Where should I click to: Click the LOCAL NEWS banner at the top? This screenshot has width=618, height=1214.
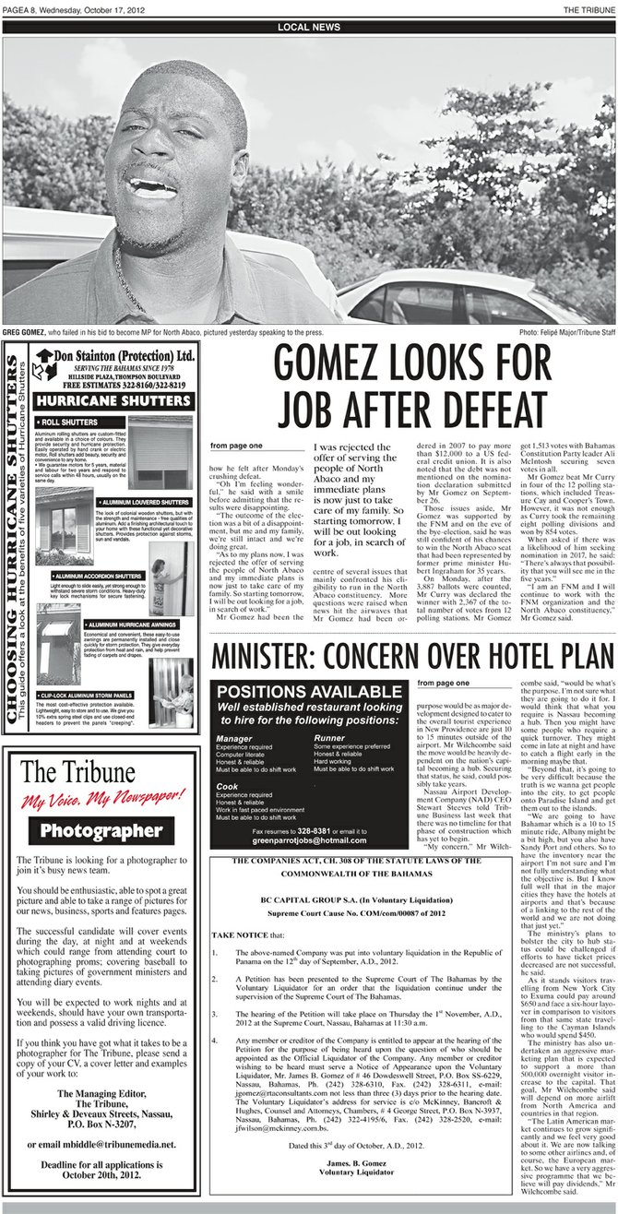tap(308, 28)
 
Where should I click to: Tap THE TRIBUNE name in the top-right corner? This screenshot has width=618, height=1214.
tap(589, 8)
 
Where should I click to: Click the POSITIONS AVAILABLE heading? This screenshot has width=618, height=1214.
tap(309, 692)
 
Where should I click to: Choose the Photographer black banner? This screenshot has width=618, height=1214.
tap(101, 830)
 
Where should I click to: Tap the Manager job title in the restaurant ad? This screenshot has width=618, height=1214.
tap(232, 739)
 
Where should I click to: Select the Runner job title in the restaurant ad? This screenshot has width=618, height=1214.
tap(328, 739)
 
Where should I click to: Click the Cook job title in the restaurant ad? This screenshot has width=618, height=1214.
tap(227, 785)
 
